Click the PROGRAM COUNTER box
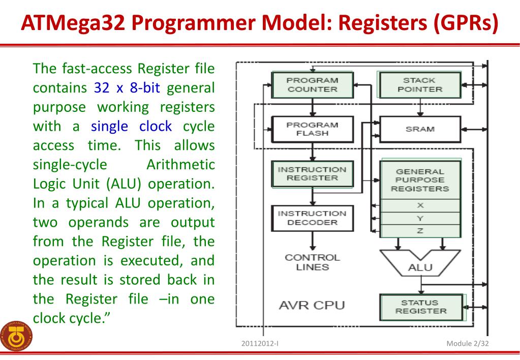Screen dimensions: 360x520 coord(312,85)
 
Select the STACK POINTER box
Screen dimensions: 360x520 coord(419,85)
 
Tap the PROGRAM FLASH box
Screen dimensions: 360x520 coord(312,129)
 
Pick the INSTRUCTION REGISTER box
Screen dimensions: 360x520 coord(312,174)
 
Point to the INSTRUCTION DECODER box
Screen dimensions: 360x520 coord(312,218)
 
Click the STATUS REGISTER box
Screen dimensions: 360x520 coord(420,307)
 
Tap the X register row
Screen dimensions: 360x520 coord(420,206)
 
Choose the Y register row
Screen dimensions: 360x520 coord(420,219)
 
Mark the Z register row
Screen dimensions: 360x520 coord(420,231)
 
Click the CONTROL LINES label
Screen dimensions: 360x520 coord(312,262)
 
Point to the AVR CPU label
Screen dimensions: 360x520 coord(312,305)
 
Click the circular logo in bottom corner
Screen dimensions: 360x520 coord(16,336)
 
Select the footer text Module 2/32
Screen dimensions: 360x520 coord(467,343)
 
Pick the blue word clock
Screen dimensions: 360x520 coord(155,126)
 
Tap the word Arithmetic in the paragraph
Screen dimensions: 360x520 coord(180,165)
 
